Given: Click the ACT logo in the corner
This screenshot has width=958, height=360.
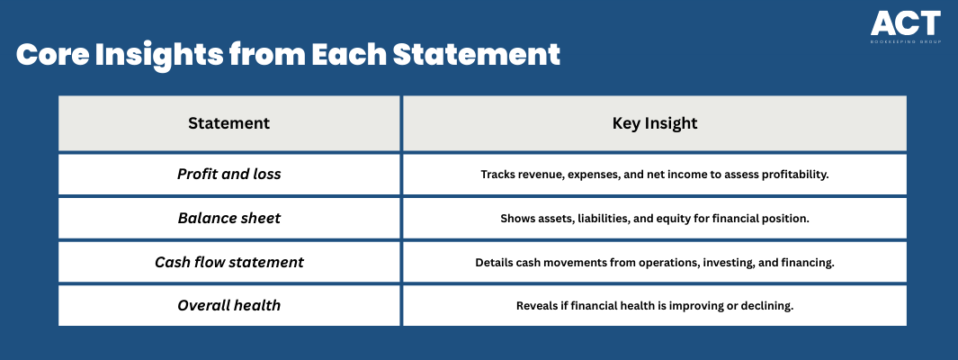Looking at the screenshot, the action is tap(906, 27).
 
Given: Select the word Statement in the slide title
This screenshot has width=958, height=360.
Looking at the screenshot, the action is tap(476, 55).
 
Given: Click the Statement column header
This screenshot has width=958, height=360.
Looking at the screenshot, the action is tap(229, 123).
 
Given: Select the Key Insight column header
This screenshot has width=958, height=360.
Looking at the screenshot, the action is tap(654, 123).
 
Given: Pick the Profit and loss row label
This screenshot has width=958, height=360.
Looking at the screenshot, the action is tap(229, 175).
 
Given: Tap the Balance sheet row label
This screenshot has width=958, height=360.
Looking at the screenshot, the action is tap(229, 218).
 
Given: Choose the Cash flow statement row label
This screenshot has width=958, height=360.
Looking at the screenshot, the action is tap(229, 262).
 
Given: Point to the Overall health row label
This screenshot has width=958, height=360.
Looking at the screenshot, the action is tap(229, 306).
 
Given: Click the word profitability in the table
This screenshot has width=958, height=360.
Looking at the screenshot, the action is tap(795, 175).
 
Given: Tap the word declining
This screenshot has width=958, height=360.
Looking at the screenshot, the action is tap(772, 306).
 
